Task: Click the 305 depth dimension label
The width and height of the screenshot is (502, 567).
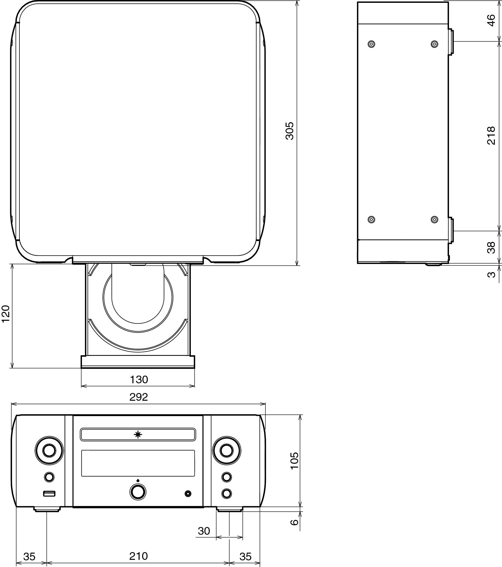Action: click(x=290, y=131)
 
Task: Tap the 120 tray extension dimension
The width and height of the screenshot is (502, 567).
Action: click(x=6, y=314)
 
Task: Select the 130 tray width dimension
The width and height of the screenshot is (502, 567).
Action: click(x=139, y=379)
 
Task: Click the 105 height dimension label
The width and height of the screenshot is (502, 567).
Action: click(x=294, y=461)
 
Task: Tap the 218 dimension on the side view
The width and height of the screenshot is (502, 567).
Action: click(x=491, y=135)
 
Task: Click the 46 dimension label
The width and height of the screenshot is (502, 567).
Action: click(x=491, y=20)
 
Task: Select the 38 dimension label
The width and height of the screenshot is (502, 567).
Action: click(x=491, y=248)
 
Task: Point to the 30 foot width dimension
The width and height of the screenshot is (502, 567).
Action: click(x=204, y=531)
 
